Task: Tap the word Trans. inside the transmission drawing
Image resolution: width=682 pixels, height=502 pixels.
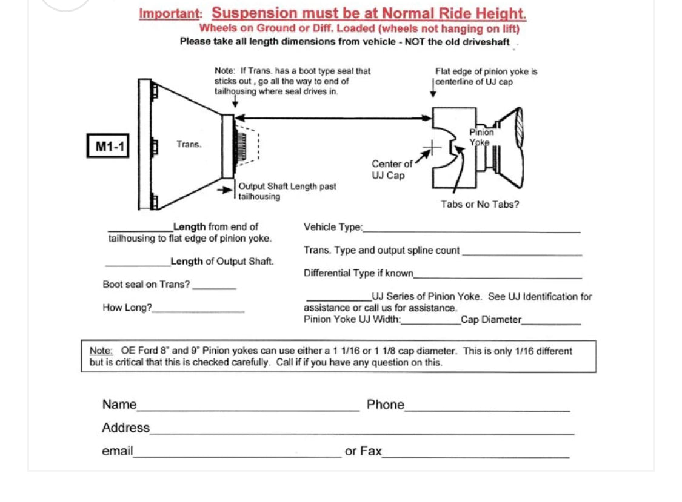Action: click(189, 144)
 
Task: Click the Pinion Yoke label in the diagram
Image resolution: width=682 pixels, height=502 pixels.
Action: click(481, 137)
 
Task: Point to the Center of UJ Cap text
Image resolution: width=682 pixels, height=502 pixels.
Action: click(392, 170)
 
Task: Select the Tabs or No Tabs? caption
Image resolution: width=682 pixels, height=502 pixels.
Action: click(480, 205)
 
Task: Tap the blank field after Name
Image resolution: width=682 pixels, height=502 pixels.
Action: click(248, 409)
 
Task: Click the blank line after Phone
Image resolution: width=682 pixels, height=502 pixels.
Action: click(487, 409)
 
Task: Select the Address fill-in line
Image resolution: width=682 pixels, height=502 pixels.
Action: click(361, 432)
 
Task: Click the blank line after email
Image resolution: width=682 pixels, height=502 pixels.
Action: click(237, 455)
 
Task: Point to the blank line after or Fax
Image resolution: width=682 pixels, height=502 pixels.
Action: click(476, 455)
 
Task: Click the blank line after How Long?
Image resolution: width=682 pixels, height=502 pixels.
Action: click(198, 311)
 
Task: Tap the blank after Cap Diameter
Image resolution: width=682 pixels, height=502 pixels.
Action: click(551, 323)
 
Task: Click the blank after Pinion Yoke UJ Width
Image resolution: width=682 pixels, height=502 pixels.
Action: click(430, 323)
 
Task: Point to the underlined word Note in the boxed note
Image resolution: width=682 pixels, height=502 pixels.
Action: click(101, 351)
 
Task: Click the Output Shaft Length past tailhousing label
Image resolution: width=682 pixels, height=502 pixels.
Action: click(287, 191)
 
